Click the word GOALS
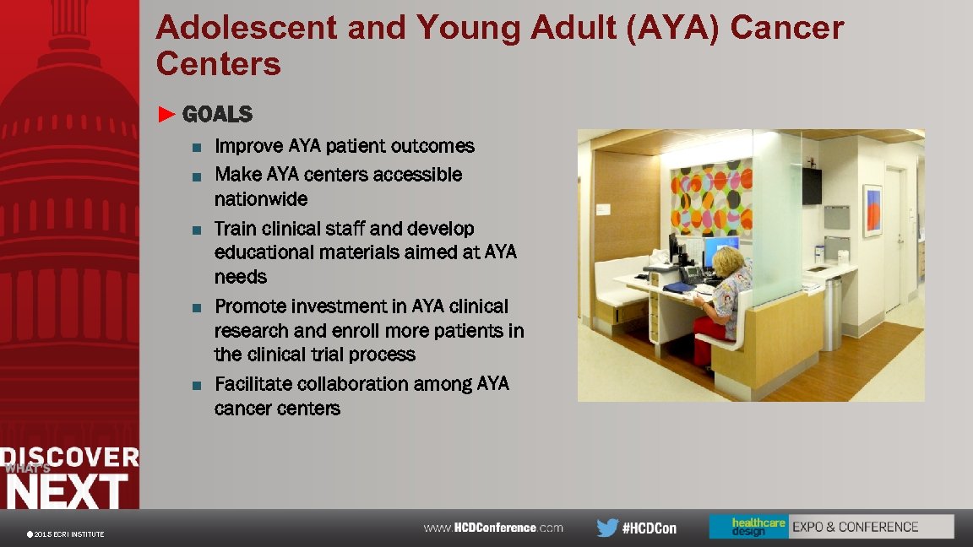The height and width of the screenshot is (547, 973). click(217, 114)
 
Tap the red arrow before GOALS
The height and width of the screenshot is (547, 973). click(167, 114)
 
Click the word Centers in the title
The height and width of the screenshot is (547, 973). click(218, 64)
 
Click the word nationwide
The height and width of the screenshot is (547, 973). click(261, 199)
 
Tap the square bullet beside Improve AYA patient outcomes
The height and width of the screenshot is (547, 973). click(196, 148)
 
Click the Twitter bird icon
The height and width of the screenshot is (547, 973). click(606, 528)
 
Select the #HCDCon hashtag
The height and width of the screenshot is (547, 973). click(649, 528)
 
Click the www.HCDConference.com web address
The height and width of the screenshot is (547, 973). click(493, 528)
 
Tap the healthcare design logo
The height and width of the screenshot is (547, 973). click(748, 527)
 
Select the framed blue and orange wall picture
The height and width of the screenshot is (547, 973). click(872, 210)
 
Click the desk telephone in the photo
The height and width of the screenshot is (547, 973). click(690, 274)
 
